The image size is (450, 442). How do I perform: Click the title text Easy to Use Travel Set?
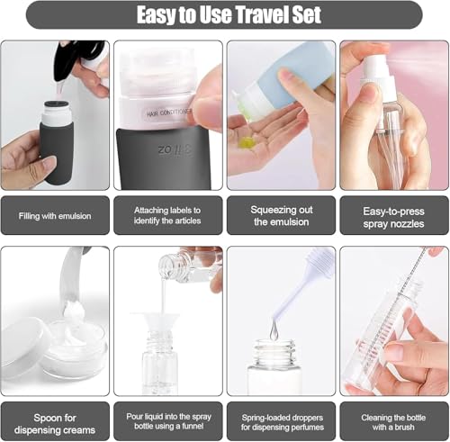(229, 14)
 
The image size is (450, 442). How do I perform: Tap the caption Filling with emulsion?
(55, 216)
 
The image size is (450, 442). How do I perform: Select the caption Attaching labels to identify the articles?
(167, 215)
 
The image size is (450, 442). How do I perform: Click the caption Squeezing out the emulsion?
(282, 216)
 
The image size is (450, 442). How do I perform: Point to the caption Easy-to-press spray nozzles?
(393, 218)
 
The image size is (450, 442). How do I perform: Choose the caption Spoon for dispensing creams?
(55, 424)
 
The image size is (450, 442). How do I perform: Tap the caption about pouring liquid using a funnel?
(168, 421)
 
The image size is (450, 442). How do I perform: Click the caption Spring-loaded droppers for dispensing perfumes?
(283, 422)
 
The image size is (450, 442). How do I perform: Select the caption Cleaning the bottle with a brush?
(393, 422)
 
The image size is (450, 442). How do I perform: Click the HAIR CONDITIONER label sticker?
(169, 113)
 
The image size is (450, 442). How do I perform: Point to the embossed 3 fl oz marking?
(175, 149)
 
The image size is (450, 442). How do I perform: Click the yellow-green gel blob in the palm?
(247, 142)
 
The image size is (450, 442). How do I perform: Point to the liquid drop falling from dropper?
(274, 331)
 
